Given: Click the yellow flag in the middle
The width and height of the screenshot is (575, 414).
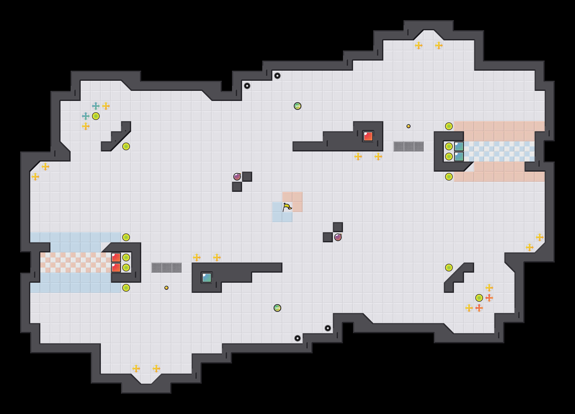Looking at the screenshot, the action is click(x=287, y=207).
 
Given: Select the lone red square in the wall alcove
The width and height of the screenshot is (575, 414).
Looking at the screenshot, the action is click(x=368, y=136).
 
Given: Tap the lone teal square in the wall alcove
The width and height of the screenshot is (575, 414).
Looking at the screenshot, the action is click(x=207, y=277).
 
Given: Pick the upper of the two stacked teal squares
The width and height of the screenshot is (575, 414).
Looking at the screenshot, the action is click(x=459, y=146).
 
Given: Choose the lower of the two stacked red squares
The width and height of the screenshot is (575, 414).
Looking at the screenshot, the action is click(x=116, y=268).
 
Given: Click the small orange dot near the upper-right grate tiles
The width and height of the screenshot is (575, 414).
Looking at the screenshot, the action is click(x=409, y=126).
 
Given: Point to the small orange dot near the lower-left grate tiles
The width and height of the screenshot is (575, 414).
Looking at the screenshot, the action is click(x=166, y=288).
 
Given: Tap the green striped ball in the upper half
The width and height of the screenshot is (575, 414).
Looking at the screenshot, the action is click(x=297, y=106).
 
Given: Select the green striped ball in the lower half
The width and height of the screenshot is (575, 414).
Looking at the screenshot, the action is click(x=277, y=308).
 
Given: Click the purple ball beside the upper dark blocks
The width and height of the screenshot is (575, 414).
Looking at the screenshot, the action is click(x=237, y=177).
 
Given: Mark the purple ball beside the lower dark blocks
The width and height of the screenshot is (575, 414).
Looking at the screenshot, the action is click(x=338, y=237).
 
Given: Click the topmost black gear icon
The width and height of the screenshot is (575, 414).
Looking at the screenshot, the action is click(x=277, y=76).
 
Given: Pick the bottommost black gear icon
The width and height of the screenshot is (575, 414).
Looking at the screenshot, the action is click(x=297, y=338).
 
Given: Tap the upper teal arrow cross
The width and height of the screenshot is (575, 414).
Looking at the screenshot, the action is click(x=96, y=106).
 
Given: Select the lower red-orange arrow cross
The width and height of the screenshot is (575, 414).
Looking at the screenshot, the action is click(x=479, y=308).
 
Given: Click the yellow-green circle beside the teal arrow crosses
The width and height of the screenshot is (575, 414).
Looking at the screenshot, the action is click(x=96, y=116).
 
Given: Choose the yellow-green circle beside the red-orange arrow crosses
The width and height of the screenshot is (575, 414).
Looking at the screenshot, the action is click(x=479, y=298).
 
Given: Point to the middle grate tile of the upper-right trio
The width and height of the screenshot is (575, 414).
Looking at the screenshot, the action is click(x=409, y=146).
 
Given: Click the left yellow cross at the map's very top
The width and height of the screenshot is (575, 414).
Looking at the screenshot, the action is click(x=419, y=45).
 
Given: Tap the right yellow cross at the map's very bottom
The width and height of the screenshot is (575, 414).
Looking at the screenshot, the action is click(x=156, y=368).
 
